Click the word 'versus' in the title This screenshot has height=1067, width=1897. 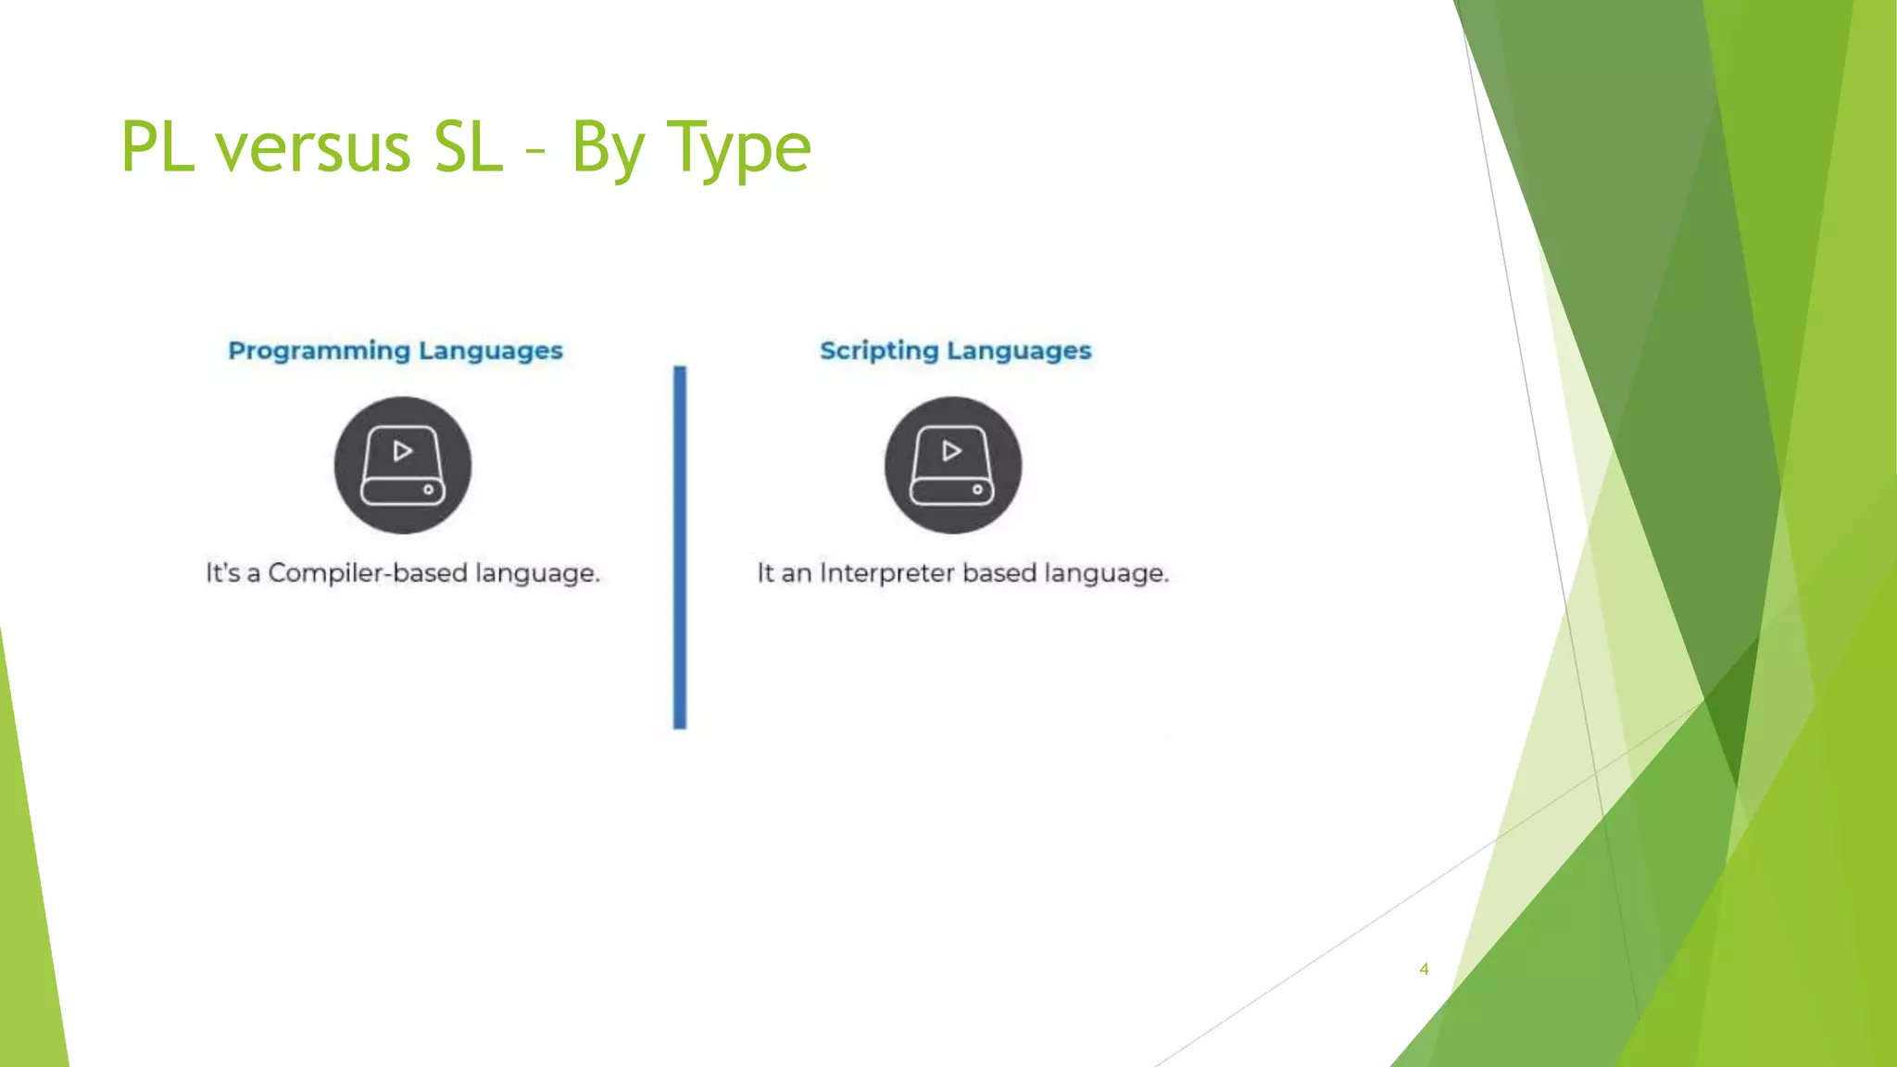313,148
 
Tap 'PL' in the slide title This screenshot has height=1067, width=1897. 157,148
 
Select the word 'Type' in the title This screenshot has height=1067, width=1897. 739,148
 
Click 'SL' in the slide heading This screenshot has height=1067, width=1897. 469,148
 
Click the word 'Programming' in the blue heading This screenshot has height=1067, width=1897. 319,351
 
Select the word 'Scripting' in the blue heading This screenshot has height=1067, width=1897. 879,351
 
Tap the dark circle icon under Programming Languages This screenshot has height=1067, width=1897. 403,465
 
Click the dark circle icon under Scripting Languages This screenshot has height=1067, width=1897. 953,465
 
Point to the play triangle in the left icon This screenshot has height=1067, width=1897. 403,451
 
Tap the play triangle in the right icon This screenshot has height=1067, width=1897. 951,451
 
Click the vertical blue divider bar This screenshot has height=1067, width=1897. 680,546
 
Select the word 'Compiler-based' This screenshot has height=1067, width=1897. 368,573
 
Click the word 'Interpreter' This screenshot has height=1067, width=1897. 886,573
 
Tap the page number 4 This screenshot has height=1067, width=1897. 1424,969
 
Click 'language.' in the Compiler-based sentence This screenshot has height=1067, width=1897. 537,574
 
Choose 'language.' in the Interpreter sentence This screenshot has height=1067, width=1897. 1106,574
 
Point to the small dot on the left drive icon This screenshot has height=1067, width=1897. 428,490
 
